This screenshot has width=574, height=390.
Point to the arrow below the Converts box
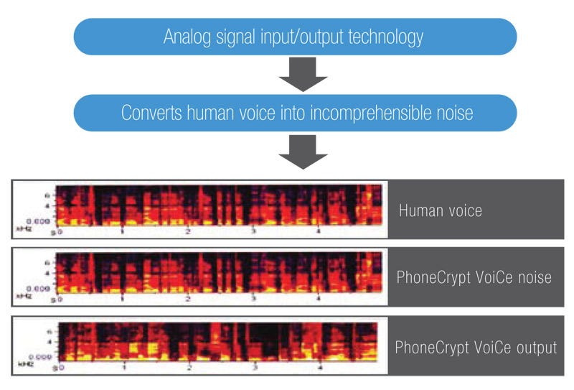(x=303, y=152)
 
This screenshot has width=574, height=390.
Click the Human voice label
(x=441, y=210)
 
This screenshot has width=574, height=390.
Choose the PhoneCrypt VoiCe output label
(x=476, y=348)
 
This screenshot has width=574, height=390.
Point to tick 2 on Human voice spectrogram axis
(x=188, y=232)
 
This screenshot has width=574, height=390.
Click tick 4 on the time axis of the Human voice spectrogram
(x=318, y=232)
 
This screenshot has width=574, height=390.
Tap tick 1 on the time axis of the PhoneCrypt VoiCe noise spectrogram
(x=123, y=299)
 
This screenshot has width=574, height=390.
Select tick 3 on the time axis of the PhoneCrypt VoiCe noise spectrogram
(x=253, y=299)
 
